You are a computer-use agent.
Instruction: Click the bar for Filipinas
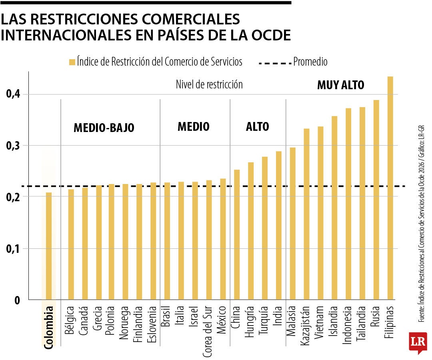[390, 188]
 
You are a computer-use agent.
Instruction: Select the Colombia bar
[49, 246]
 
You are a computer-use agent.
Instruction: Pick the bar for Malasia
[293, 224]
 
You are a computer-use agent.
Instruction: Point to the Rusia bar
[376, 200]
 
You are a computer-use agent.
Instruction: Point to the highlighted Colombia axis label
[49, 327]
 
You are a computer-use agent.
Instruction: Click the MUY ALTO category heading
[340, 85]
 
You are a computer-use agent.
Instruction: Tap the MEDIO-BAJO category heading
[104, 128]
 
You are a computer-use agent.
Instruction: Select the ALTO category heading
[257, 127]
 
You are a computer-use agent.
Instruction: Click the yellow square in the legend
[72, 62]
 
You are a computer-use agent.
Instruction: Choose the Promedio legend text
[310, 62]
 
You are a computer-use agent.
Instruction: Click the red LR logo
[418, 342]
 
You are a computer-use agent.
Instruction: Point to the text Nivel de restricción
[209, 85]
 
